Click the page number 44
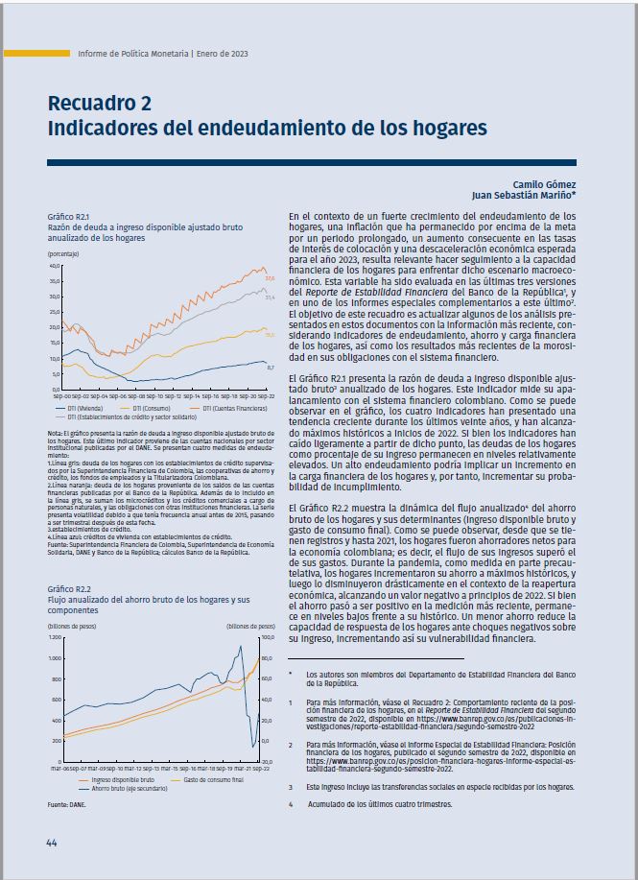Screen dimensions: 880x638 tap(52, 842)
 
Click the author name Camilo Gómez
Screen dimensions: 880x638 tap(548, 182)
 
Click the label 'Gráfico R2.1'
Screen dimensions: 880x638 tap(68, 217)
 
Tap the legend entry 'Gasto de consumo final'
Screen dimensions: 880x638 tap(213, 780)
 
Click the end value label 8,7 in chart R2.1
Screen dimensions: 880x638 tap(270, 367)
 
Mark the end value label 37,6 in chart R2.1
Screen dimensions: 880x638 tap(270, 278)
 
